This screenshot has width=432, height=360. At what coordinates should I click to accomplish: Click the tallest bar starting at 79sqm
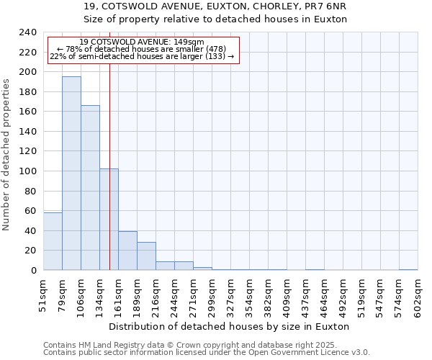(71, 173)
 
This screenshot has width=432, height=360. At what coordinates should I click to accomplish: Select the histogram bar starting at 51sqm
(53, 241)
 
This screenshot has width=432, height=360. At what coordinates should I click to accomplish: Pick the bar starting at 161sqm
(127, 251)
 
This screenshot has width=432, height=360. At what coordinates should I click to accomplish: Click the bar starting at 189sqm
(146, 256)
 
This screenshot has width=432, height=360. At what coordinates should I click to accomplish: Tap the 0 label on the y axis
(33, 271)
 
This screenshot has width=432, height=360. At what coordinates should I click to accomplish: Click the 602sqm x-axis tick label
(418, 296)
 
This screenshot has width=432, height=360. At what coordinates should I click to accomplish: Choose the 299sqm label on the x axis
(212, 296)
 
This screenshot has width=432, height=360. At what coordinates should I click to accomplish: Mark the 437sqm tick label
(305, 296)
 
